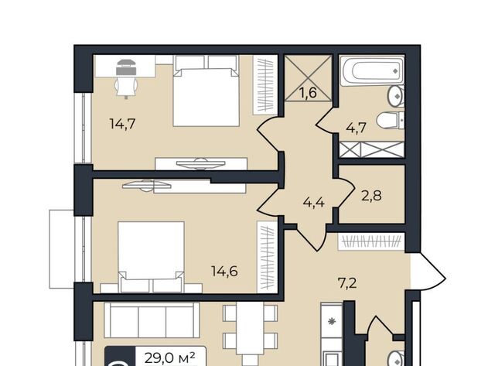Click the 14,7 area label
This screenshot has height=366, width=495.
coord(122,124)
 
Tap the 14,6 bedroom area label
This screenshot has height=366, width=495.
coord(224,271)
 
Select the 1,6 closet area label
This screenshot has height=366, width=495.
coord(308,93)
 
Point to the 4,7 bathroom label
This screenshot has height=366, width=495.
coord(356,128)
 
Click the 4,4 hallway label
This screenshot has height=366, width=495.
coord(313,202)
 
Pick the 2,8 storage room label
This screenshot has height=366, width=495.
coord(371,196)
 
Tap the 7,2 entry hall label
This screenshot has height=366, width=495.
coord(347,283)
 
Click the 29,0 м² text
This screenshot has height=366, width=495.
coord(170,358)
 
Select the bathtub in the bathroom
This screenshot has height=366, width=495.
coord(372,70)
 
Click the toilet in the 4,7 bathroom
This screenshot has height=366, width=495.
coord(391,120)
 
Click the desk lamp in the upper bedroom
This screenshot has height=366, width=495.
coord(126,67)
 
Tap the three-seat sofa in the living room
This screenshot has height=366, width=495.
coord(152,320)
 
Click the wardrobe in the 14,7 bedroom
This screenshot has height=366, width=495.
coord(265,85)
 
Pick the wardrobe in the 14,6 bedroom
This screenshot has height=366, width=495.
coord(267,257)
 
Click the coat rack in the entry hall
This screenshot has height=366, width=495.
coord(371,241)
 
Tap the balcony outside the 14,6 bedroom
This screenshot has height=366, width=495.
coord(62,249)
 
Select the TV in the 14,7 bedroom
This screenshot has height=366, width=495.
coord(201,163)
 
